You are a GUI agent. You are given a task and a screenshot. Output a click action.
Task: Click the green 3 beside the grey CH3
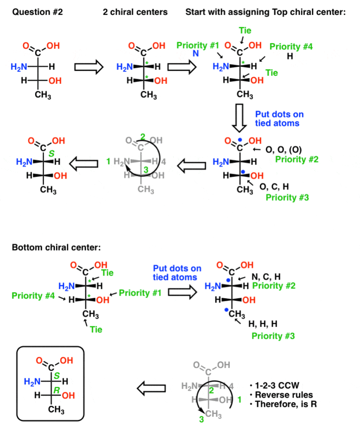pos(201,420)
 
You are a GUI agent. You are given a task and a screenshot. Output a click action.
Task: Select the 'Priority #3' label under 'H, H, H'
pos(273,336)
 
